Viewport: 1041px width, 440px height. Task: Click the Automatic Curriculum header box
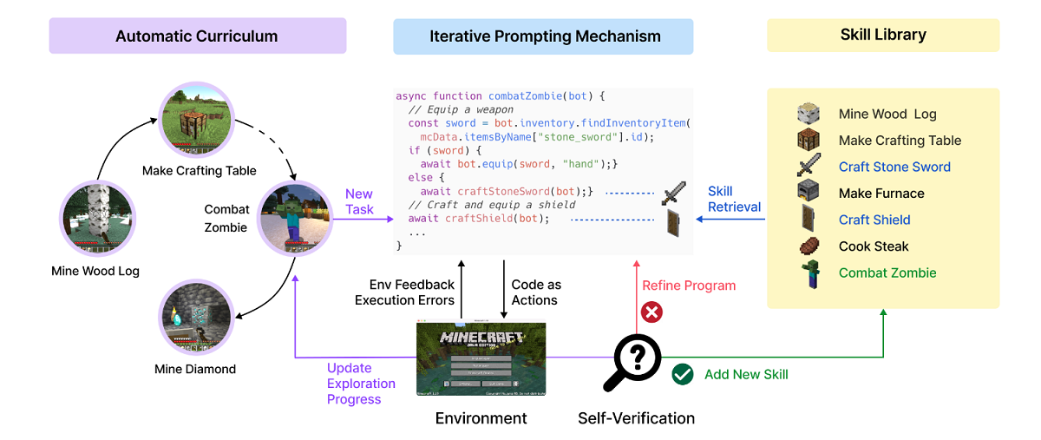point(197,36)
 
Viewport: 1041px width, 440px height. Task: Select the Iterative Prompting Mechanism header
point(544,36)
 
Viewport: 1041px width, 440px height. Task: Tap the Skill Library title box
point(883,36)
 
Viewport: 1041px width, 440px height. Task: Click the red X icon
point(650,312)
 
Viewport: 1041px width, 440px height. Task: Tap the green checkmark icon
point(683,374)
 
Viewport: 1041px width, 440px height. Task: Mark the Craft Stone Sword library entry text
point(894,167)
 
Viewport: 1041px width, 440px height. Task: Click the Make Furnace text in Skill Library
point(881,194)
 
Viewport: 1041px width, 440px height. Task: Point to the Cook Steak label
point(874,246)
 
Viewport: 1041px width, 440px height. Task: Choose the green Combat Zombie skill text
point(887,273)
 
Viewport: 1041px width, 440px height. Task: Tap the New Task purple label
point(359,201)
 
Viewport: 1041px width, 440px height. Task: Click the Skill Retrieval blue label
point(734,199)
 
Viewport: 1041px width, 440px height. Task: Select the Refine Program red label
point(689,286)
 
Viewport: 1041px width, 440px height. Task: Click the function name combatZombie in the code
point(526,95)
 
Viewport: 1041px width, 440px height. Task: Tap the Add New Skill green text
point(746,374)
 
